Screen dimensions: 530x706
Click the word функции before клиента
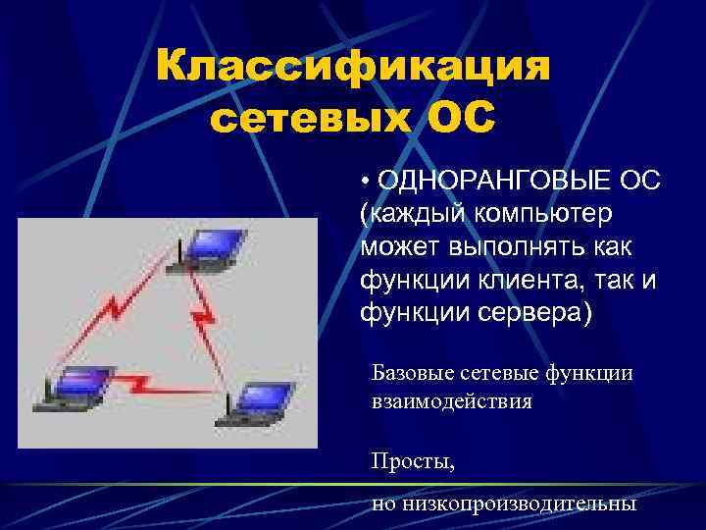(413, 280)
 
